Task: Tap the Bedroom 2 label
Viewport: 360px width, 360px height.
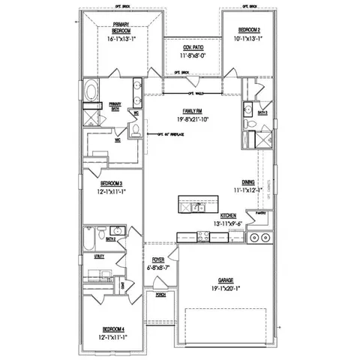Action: pyautogui.click(x=250, y=31)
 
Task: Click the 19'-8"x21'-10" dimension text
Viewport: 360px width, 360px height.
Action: pyautogui.click(x=183, y=118)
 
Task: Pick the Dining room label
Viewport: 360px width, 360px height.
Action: pyautogui.click(x=247, y=182)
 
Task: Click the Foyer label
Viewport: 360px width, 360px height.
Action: pyautogui.click(x=158, y=259)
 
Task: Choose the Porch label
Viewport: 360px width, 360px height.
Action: pyautogui.click(x=160, y=295)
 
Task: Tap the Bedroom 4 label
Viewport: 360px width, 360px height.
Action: pyautogui.click(x=112, y=328)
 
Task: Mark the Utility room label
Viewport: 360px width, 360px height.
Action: pyautogui.click(x=99, y=256)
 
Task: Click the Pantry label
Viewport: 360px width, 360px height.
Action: pyautogui.click(x=261, y=214)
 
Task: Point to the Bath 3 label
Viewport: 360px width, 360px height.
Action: pyautogui.click(x=263, y=112)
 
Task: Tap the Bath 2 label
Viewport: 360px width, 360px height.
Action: pyautogui.click(x=110, y=238)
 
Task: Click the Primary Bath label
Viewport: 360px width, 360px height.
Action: pyautogui.click(x=115, y=106)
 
